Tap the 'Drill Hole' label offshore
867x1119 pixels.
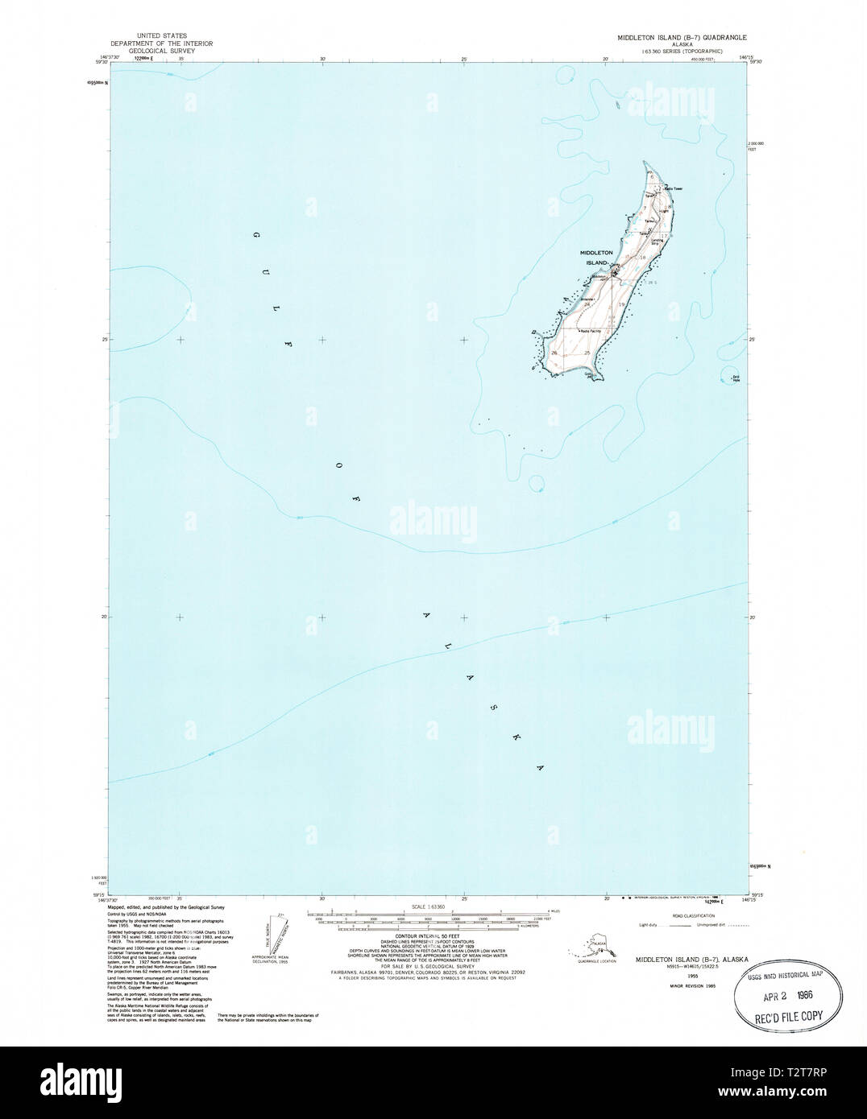[x=734, y=378]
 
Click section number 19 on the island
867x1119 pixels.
[x=621, y=303]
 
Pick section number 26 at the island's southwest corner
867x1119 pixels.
[x=554, y=353]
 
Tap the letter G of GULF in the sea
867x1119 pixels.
[x=255, y=236]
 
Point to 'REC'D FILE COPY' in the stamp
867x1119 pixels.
[x=790, y=1015]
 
